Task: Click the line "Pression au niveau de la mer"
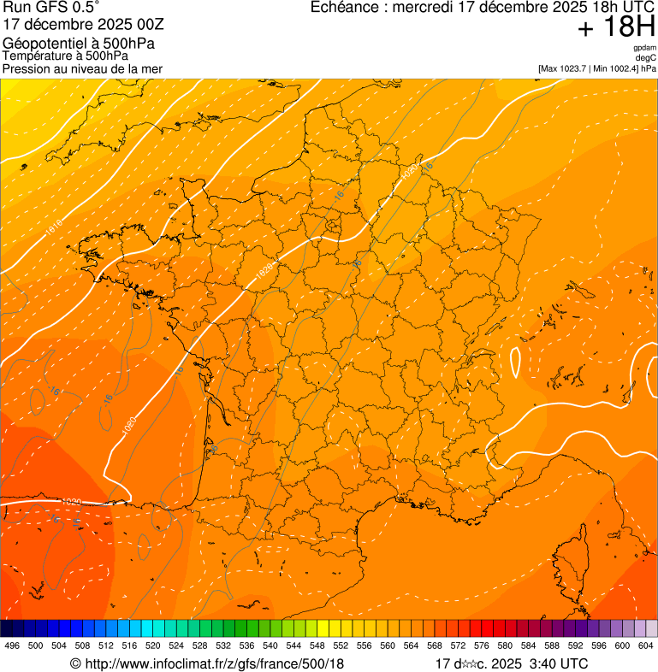[82, 68]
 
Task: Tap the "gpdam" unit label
[644, 48]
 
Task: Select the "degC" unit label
[646, 57]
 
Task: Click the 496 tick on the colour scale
[12, 645]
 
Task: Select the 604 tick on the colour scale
[646, 645]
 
